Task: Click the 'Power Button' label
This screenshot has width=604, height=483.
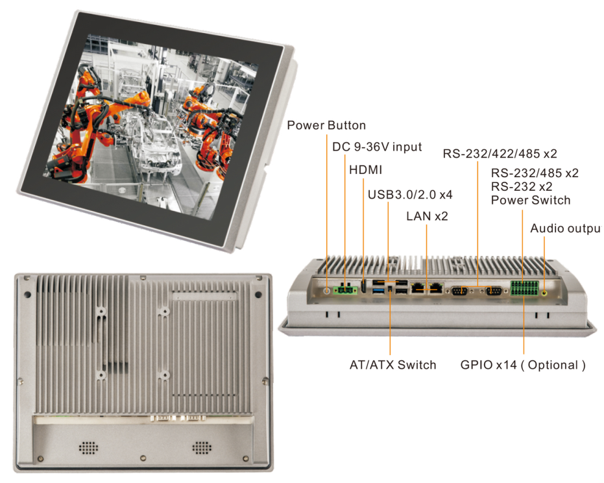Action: [326, 125]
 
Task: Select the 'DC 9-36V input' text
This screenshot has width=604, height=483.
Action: [377, 147]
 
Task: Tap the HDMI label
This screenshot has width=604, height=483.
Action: [365, 170]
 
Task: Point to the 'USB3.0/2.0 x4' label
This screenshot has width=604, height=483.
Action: [411, 194]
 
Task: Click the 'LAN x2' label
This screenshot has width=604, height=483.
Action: [427, 216]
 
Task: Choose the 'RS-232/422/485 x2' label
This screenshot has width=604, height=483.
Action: [500, 154]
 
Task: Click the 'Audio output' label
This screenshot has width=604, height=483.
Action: [565, 229]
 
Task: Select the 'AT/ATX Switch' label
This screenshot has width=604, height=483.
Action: [393, 365]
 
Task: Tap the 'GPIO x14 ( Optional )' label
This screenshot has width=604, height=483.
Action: [523, 365]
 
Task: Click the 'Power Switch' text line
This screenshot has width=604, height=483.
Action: [531, 200]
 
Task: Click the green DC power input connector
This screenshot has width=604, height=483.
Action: [344, 291]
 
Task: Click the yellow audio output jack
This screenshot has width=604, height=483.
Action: [544, 292]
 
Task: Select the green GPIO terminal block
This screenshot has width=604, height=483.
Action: [523, 288]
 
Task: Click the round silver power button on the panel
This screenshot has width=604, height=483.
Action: [326, 291]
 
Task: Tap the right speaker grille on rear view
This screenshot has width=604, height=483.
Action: [202, 448]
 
